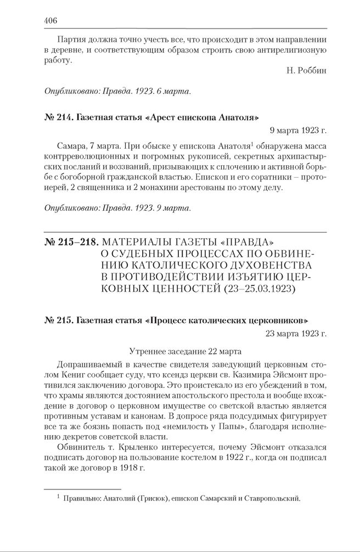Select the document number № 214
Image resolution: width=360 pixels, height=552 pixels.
(57, 117)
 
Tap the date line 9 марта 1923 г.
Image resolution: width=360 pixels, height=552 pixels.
(298, 131)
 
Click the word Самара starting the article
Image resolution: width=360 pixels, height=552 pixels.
(70, 147)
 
